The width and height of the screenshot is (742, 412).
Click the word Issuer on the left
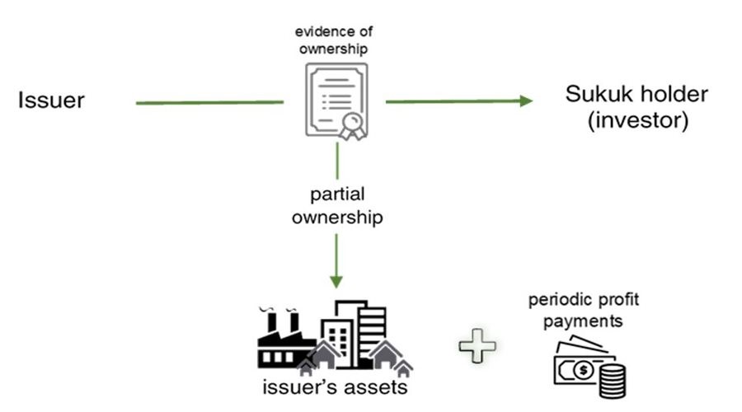[51, 101]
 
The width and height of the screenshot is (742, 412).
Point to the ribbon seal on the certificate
[352, 126]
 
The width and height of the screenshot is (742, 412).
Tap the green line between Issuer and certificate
[209, 102]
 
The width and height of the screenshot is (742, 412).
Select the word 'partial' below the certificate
[336, 194]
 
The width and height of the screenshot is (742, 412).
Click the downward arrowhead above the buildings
[336, 281]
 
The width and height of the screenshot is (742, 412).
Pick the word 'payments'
[582, 319]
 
